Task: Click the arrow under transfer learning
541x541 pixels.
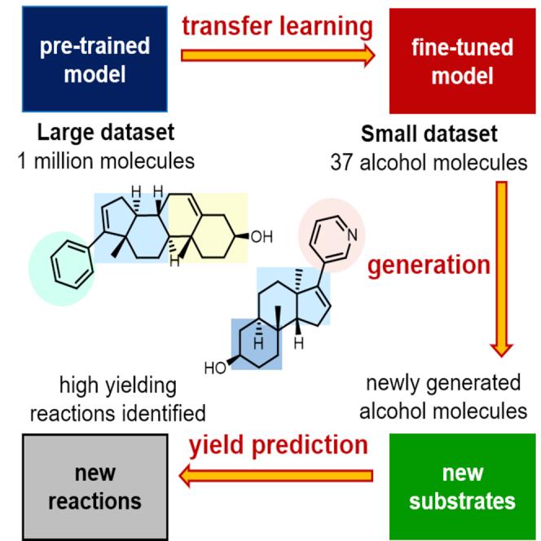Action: point(278,55)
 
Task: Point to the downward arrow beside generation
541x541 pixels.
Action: point(502,268)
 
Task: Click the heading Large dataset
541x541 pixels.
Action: point(107,132)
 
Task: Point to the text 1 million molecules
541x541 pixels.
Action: point(107,161)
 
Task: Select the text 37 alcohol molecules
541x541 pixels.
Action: point(429,162)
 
